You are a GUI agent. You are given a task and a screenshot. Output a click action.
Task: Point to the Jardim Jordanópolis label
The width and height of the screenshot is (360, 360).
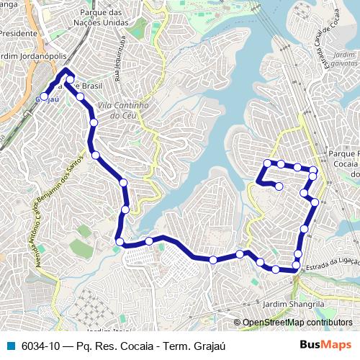point(33,58)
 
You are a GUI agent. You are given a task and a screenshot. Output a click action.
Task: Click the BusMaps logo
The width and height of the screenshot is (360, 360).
point(325,346)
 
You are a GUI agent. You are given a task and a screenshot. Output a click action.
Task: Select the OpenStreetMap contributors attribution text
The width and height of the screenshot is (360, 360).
point(297,323)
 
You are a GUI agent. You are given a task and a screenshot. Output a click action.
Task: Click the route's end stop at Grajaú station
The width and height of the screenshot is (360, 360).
point(44,96)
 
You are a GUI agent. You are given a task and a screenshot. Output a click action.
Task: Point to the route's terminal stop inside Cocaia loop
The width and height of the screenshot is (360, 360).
point(279,186)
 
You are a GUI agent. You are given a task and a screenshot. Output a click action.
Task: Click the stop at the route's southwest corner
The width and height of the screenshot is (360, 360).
point(120,241)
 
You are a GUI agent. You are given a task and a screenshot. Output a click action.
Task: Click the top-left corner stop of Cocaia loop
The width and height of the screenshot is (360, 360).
point(267,163)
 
